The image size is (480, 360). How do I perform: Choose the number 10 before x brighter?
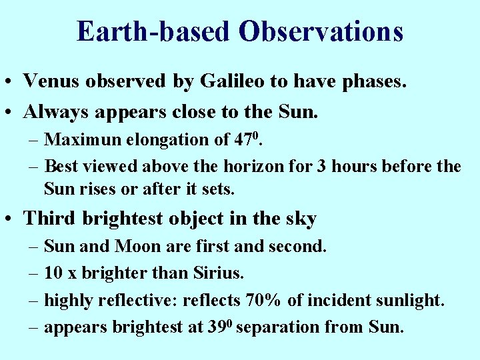[x=53, y=273]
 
